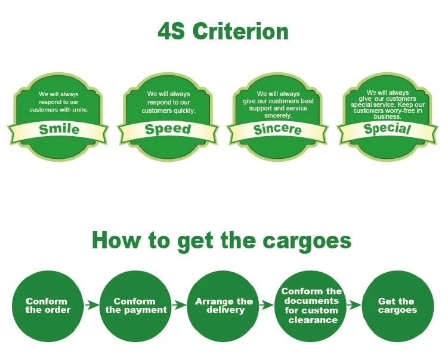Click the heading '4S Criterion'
pyautogui.click(x=223, y=31)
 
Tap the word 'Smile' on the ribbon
pyautogui.click(x=59, y=129)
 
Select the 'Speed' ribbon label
pyautogui.click(x=168, y=129)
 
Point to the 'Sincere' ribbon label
pyautogui.click(x=277, y=129)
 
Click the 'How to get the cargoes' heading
pyautogui.click(x=221, y=241)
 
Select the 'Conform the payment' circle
pyautogui.click(x=136, y=306)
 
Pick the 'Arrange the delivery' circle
pyautogui.click(x=224, y=306)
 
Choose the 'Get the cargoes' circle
pyautogui.click(x=398, y=306)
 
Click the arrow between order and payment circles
pyautogui.click(x=92, y=306)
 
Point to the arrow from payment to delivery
pyautogui.click(x=180, y=306)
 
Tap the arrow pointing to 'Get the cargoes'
pyautogui.click(x=355, y=306)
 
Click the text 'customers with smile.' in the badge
pyautogui.click(x=60, y=110)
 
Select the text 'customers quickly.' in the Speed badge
pyautogui.click(x=168, y=110)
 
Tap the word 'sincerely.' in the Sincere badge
pyautogui.click(x=278, y=115)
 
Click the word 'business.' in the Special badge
pyautogui.click(x=387, y=117)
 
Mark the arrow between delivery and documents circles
pyautogui.click(x=267, y=306)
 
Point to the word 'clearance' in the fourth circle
pyautogui.click(x=313, y=320)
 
